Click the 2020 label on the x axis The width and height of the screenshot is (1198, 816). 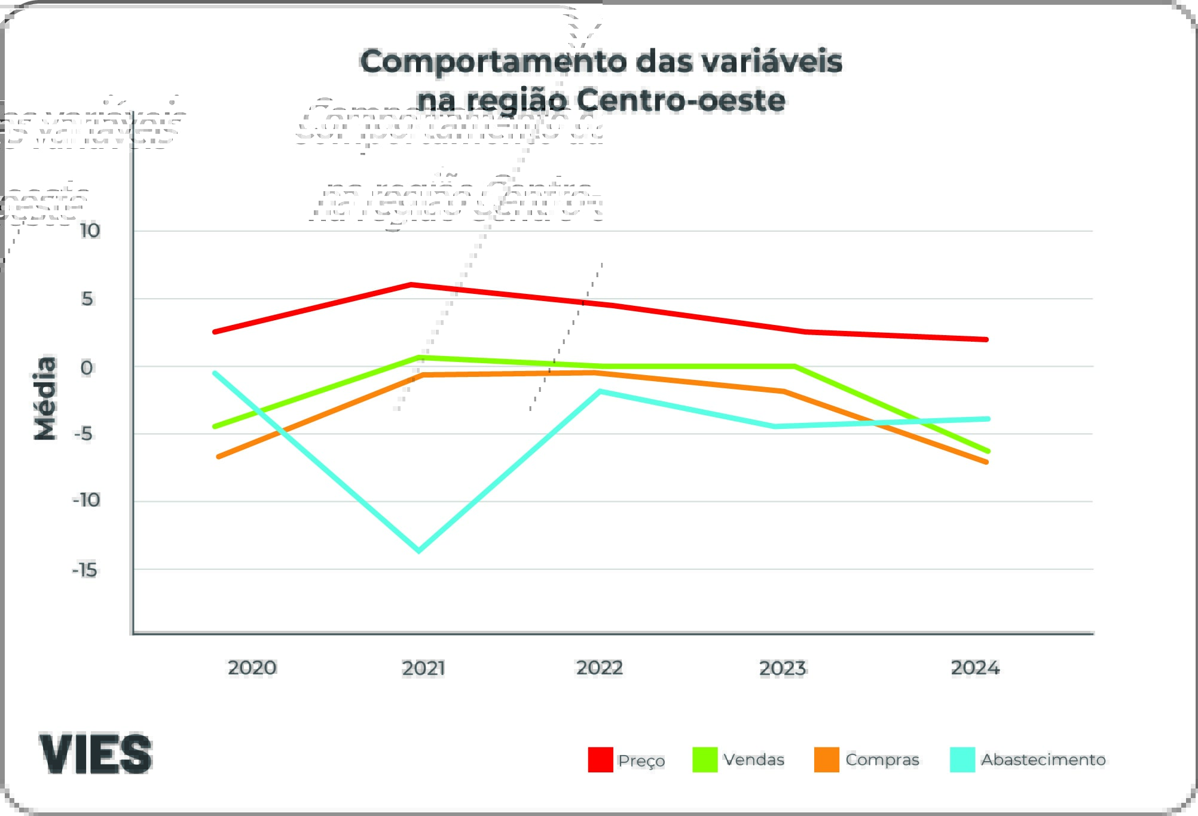252,667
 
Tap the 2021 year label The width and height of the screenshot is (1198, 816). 423,668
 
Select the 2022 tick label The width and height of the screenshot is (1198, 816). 599,667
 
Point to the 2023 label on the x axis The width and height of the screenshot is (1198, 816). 783,668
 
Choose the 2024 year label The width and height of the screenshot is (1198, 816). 975,667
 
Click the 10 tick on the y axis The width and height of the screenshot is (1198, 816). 90,231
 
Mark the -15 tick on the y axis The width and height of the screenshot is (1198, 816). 85,570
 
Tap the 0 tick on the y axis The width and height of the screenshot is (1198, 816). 87,367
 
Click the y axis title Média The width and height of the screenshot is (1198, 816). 45,398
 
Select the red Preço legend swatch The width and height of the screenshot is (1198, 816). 600,760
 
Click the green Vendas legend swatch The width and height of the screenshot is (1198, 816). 705,760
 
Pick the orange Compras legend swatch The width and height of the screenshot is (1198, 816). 827,760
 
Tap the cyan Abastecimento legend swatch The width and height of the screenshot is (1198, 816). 962,760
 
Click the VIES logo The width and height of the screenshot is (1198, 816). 96,754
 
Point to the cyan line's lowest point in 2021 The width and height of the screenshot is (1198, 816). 418,550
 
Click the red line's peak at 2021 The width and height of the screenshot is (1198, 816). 411,284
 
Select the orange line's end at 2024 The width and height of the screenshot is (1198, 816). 986,462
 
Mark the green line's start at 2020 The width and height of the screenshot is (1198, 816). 215,426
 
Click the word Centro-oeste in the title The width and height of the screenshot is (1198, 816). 681,100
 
